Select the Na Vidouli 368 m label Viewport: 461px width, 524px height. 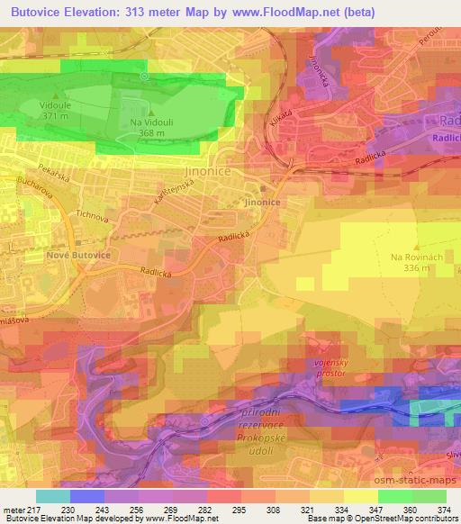[x=147, y=128]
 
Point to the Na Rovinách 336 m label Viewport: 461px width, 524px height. [x=416, y=262]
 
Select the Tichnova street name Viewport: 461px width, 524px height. [x=94, y=216]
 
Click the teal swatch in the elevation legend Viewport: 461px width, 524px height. [x=52, y=496]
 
